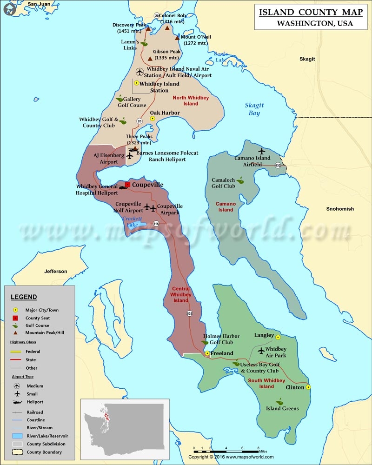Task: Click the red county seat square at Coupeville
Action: point(127,185)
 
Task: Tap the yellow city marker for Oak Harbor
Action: point(152,119)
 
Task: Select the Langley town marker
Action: point(278,338)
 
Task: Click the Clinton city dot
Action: point(308,387)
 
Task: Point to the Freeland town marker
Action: point(207,353)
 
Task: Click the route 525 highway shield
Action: point(190,313)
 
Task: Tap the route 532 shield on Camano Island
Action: point(278,165)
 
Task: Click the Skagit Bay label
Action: point(253,109)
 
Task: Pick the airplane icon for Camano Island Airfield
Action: point(262,151)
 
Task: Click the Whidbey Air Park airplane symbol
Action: point(261,350)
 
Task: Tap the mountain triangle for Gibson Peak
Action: point(150,59)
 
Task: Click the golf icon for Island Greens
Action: point(279,401)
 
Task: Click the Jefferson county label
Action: point(56,271)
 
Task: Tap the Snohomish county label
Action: point(340,209)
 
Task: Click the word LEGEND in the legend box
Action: point(23,297)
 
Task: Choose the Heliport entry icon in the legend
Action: point(18,402)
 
